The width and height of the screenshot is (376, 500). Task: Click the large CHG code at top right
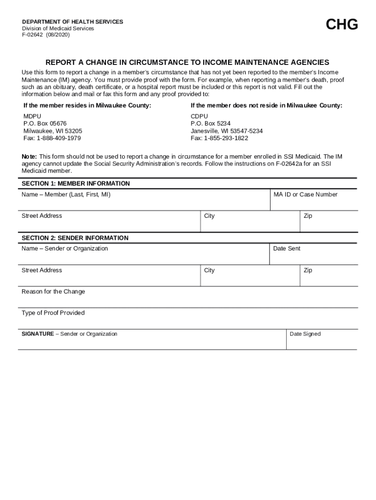click(x=342, y=24)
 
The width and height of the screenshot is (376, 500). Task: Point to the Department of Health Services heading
click(x=72, y=22)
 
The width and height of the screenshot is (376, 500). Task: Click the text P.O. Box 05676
click(x=45, y=124)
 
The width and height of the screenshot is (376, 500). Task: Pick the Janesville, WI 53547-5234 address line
click(x=227, y=131)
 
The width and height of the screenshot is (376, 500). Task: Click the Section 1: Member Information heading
click(x=76, y=184)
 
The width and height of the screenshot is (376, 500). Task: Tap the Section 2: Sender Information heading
click(x=75, y=238)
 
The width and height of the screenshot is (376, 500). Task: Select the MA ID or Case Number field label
click(x=305, y=194)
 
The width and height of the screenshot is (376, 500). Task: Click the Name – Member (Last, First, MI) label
click(x=66, y=194)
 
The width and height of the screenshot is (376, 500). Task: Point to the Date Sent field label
click(x=287, y=249)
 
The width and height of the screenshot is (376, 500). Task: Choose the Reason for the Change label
click(x=53, y=292)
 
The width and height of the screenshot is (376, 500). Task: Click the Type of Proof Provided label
click(x=53, y=313)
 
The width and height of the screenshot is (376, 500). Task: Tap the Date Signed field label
click(x=305, y=334)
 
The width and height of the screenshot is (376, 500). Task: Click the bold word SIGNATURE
click(x=38, y=334)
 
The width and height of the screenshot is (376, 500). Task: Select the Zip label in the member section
click(x=308, y=216)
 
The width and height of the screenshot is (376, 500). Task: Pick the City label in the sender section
click(x=209, y=270)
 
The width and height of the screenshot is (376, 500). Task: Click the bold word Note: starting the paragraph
click(x=29, y=156)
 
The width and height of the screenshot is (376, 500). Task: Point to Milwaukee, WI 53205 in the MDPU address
click(x=53, y=131)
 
